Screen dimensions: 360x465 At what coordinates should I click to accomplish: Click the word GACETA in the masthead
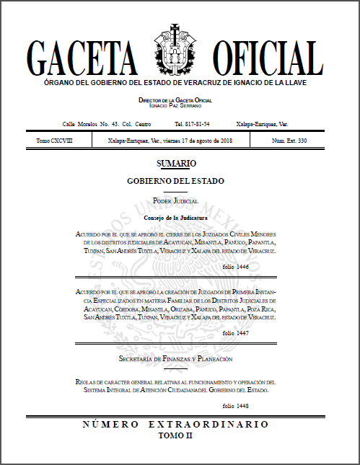tap(81, 56)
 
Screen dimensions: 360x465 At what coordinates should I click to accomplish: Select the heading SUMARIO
tap(175, 164)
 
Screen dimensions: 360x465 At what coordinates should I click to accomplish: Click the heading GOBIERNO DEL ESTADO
tap(175, 180)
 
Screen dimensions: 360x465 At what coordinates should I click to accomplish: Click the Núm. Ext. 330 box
tap(289, 141)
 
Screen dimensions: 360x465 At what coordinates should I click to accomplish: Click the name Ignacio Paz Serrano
tap(175, 105)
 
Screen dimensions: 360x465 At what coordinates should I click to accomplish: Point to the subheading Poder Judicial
tap(175, 200)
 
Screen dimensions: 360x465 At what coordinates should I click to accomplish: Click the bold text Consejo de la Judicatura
tap(175, 217)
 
